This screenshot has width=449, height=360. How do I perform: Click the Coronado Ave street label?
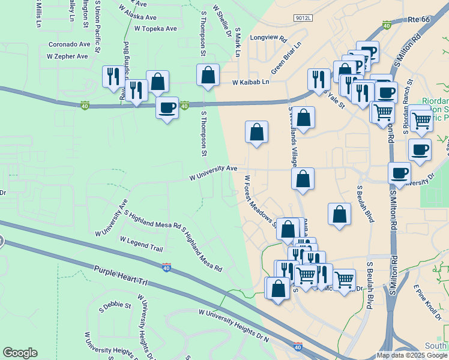(x=69, y=44)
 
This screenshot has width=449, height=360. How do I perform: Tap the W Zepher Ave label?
(x=67, y=56)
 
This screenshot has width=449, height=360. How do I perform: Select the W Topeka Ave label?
(x=155, y=28)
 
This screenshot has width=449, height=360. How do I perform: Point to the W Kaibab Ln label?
(x=251, y=82)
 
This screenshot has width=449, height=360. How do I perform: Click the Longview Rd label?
(x=269, y=37)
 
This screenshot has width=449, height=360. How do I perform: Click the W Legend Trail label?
(x=141, y=243)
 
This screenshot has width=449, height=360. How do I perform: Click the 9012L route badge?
(x=304, y=19)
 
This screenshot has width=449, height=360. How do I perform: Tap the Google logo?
(x=20, y=353)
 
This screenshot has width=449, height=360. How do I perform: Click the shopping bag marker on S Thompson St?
(x=208, y=76)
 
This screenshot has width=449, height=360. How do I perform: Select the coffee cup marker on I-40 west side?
(x=167, y=108)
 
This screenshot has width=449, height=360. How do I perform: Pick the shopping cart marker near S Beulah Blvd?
(x=345, y=279)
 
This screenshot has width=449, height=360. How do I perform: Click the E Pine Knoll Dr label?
(x=427, y=296)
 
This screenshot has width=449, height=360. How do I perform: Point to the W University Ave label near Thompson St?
(x=214, y=173)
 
